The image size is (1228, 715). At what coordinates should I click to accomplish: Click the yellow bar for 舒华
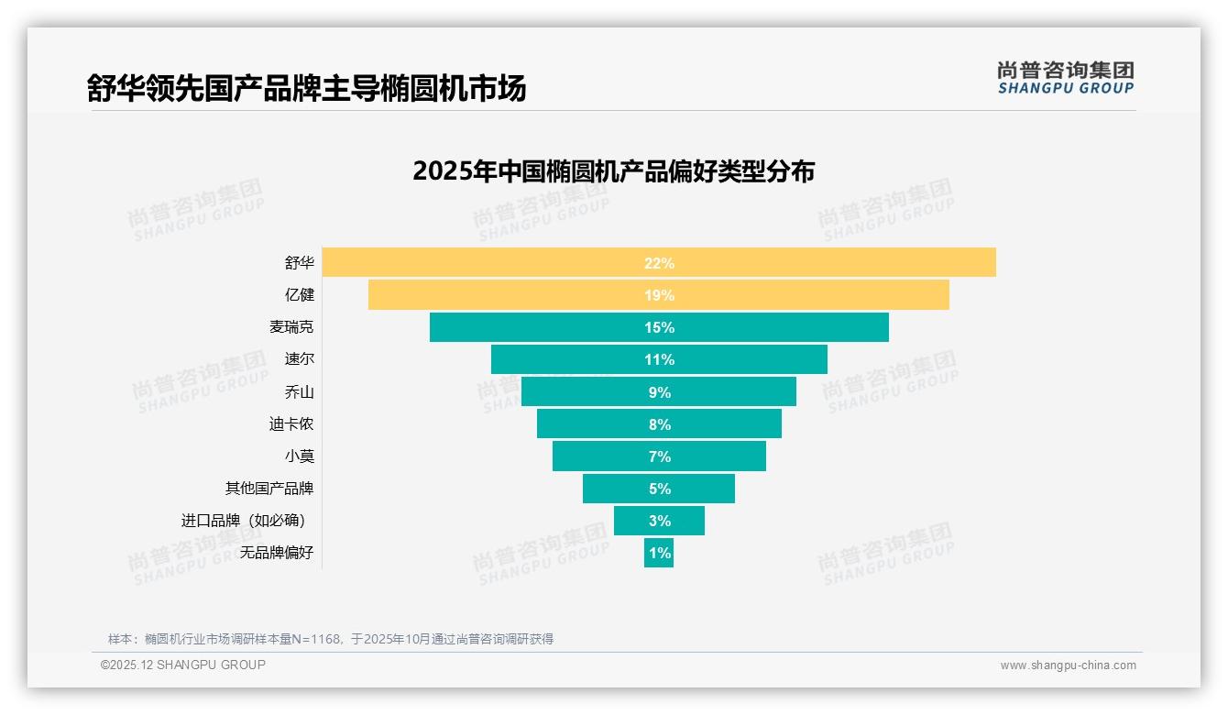pyautogui.click(x=825, y=262)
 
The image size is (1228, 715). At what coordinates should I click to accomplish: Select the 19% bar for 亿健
pyautogui.click(x=806, y=295)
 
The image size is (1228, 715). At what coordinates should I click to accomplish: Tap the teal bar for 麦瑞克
pyautogui.click(x=779, y=327)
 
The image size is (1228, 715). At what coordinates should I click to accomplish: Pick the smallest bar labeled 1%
pyautogui.click(x=659, y=553)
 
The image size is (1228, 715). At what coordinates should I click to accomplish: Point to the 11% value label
pyautogui.click(x=659, y=359)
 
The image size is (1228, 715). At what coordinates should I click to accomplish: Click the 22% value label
pyautogui.click(x=659, y=263)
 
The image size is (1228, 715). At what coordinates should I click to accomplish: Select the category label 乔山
pyautogui.click(x=299, y=392)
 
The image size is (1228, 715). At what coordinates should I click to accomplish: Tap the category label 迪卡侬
pyautogui.click(x=291, y=424)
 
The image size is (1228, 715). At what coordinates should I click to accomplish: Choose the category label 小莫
pyautogui.click(x=299, y=456)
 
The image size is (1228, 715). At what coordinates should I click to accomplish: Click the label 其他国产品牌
pyautogui.click(x=269, y=489)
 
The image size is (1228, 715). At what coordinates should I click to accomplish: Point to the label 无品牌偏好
pyautogui.click(x=277, y=553)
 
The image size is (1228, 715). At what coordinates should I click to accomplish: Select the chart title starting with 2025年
pyautogui.click(x=613, y=171)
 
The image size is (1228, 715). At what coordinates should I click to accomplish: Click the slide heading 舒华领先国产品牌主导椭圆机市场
pyautogui.click(x=306, y=89)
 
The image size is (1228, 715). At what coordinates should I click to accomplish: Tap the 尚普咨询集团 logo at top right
pyautogui.click(x=1065, y=77)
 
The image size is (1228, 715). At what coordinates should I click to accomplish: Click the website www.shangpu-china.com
pyautogui.click(x=1068, y=665)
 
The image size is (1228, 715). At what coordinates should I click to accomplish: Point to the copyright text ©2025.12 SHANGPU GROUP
pyautogui.click(x=183, y=665)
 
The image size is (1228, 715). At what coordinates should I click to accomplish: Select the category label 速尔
pyautogui.click(x=299, y=359)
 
